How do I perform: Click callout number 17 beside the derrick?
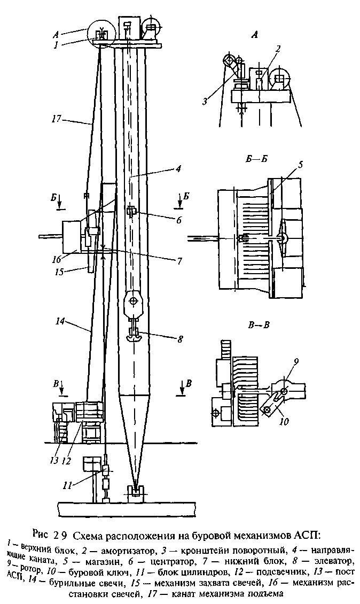tap(57, 119)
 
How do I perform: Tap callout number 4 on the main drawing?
tap(178, 168)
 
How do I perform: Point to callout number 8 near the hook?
tap(180, 339)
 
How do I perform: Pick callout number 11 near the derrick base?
tap(68, 486)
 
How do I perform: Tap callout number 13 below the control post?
tap(54, 460)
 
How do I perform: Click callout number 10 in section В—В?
tap(284, 421)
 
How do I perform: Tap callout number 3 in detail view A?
tap(205, 102)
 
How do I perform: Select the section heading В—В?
tap(259, 325)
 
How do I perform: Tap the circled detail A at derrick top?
tap(101, 33)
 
